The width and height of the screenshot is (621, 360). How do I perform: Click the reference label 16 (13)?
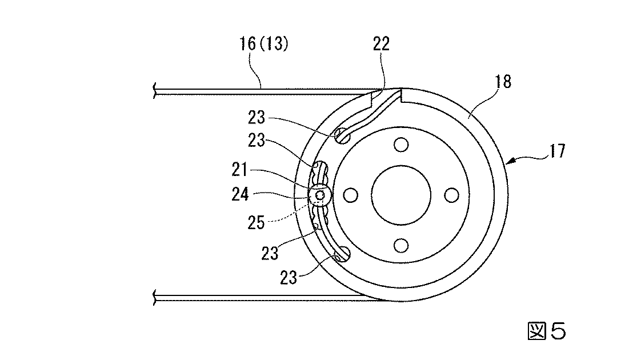coord(264,43)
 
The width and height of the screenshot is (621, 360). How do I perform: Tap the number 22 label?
coord(382,43)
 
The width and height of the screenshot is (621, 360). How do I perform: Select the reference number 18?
coord(503,82)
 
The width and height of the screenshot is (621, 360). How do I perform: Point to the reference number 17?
coord(557,151)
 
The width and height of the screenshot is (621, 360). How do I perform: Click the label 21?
coord(239,170)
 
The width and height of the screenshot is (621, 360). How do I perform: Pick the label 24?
coord(240,194)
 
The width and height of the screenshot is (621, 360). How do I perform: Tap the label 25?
coord(256,223)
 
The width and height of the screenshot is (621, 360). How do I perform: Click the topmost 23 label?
coord(257,118)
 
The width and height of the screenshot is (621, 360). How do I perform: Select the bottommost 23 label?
coord(289,278)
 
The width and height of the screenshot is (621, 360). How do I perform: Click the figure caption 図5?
coord(547,331)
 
